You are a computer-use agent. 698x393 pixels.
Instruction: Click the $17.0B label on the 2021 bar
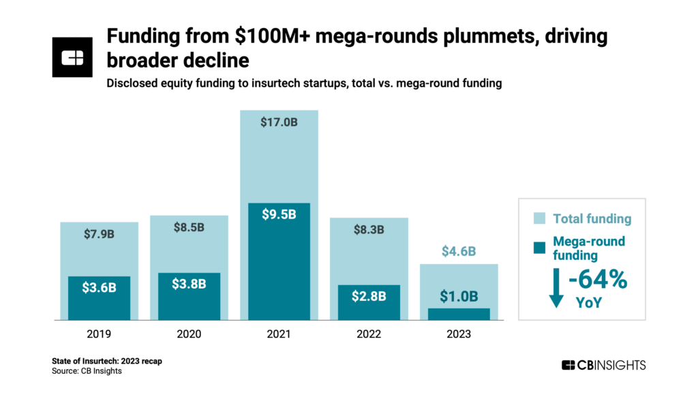(279, 123)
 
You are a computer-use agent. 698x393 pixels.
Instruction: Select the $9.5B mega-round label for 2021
(279, 214)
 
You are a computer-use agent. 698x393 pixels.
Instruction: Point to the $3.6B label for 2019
(99, 287)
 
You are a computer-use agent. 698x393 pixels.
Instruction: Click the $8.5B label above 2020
(189, 228)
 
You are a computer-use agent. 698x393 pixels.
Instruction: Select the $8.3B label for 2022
(369, 230)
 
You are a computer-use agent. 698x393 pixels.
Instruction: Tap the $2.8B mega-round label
(369, 297)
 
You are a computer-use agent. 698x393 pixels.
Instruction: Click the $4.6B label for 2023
(459, 251)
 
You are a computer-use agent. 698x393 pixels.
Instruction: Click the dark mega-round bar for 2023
(459, 314)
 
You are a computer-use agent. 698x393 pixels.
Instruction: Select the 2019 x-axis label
(99, 334)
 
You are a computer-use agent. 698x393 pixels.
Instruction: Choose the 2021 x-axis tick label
(279, 334)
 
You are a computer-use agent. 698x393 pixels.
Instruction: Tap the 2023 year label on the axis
(459, 334)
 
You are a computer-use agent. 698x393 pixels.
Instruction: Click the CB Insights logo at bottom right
(603, 365)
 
